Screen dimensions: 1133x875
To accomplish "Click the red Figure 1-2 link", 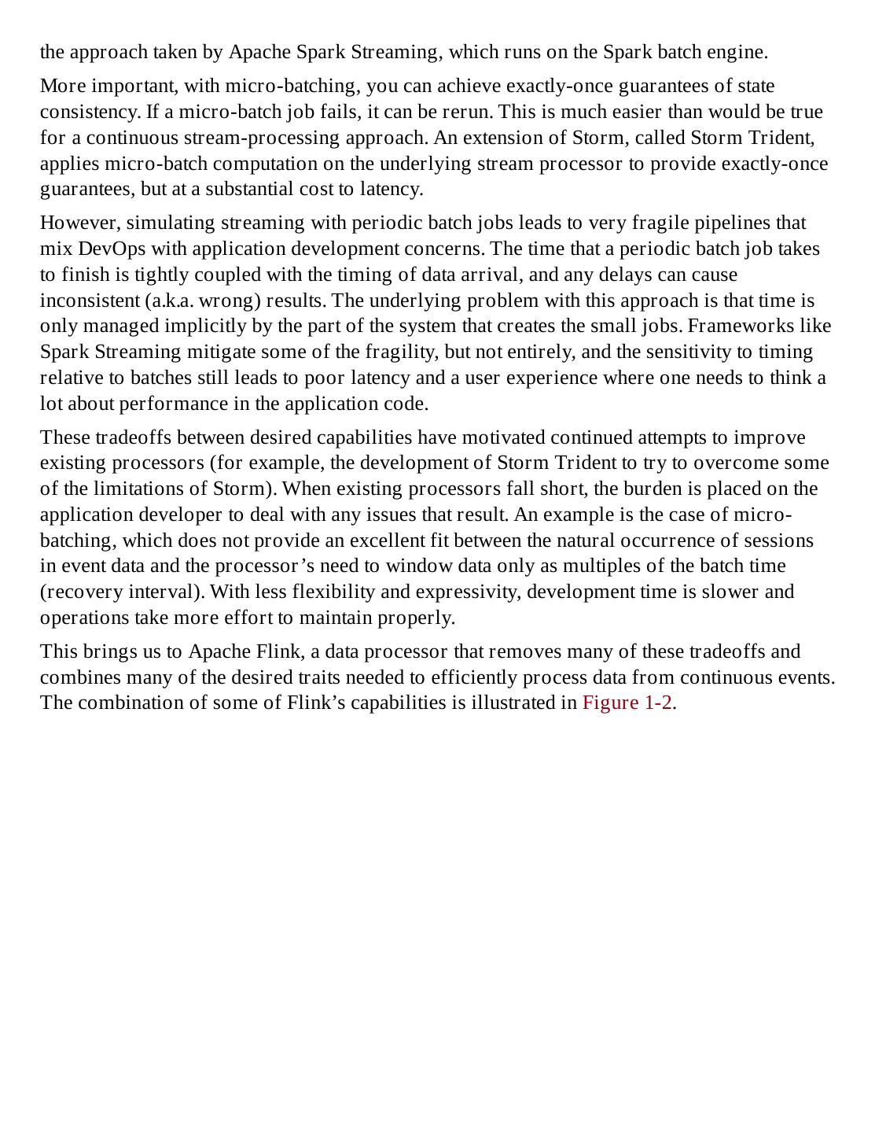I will (627, 703).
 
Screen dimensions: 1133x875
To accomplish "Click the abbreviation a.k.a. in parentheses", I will (171, 301).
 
